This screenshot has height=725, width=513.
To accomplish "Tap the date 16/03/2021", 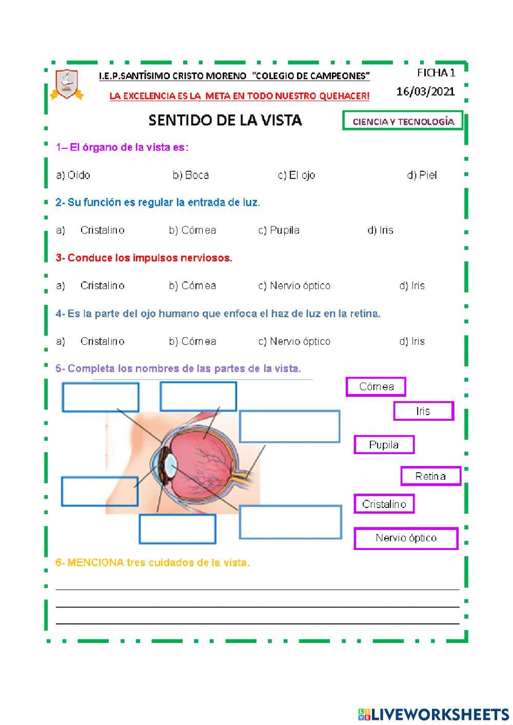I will tap(425, 91).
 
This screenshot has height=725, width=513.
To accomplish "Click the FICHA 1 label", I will tap(436, 72).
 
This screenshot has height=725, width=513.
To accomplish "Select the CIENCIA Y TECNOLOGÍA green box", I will tap(403, 122).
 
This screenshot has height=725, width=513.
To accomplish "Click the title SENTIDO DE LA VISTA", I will tap(225, 120).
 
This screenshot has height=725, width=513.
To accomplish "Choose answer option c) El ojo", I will tap(297, 175).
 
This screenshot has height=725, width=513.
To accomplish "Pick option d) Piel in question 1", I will tap(422, 175).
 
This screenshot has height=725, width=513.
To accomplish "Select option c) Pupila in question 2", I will tap(279, 230).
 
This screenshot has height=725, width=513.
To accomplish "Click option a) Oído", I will tap(73, 175).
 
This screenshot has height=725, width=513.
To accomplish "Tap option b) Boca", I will tap(191, 175).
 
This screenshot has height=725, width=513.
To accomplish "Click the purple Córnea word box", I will tap(376, 387).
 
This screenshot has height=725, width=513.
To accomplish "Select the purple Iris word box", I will tap(423, 411).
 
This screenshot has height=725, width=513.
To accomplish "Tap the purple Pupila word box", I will tap(384, 445).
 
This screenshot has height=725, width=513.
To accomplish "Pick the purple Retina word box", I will tap(430, 476).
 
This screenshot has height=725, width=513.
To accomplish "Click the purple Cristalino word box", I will tap(384, 504).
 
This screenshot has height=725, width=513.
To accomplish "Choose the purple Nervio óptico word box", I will tap(406, 538).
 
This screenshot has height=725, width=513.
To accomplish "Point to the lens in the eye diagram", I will tap(171, 465).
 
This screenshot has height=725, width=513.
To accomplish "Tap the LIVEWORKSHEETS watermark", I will tap(433, 714).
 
